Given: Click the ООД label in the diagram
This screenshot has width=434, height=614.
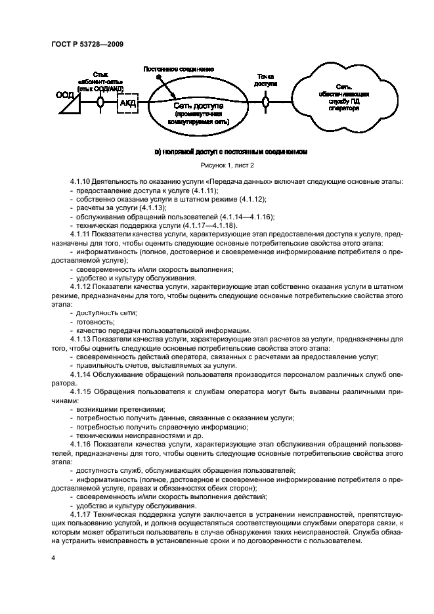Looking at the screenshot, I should pos(65,95).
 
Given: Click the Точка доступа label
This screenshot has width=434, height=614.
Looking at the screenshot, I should pos(266,80).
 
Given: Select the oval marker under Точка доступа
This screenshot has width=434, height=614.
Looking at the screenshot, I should pos(266,102).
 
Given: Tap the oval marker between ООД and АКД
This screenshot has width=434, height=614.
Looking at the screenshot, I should pos(100,102).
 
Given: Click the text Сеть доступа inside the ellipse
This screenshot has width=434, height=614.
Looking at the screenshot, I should pos(198,105).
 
